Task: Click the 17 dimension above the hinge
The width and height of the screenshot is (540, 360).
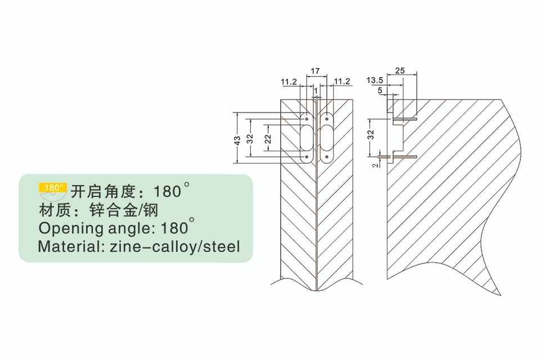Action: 315,71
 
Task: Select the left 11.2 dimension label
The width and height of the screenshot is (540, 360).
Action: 289,82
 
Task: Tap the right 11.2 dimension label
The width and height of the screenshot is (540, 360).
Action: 342,82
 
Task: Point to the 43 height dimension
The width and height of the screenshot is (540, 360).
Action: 237,141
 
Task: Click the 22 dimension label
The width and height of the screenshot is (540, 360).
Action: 268,139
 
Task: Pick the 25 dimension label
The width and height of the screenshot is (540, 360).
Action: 400,71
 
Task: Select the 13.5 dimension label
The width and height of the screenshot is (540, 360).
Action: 375,80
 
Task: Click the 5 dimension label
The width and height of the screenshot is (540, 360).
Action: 380,91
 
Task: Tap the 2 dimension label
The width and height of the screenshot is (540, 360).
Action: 375,165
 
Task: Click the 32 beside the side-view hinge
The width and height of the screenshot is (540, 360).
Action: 371,134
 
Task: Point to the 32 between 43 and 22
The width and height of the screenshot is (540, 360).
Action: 250,139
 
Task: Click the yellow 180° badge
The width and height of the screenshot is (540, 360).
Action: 53,187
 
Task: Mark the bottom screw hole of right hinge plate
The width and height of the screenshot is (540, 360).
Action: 326,157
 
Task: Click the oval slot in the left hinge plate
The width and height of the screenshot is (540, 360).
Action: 306,138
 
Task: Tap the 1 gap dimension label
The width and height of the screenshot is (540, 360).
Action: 316,91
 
